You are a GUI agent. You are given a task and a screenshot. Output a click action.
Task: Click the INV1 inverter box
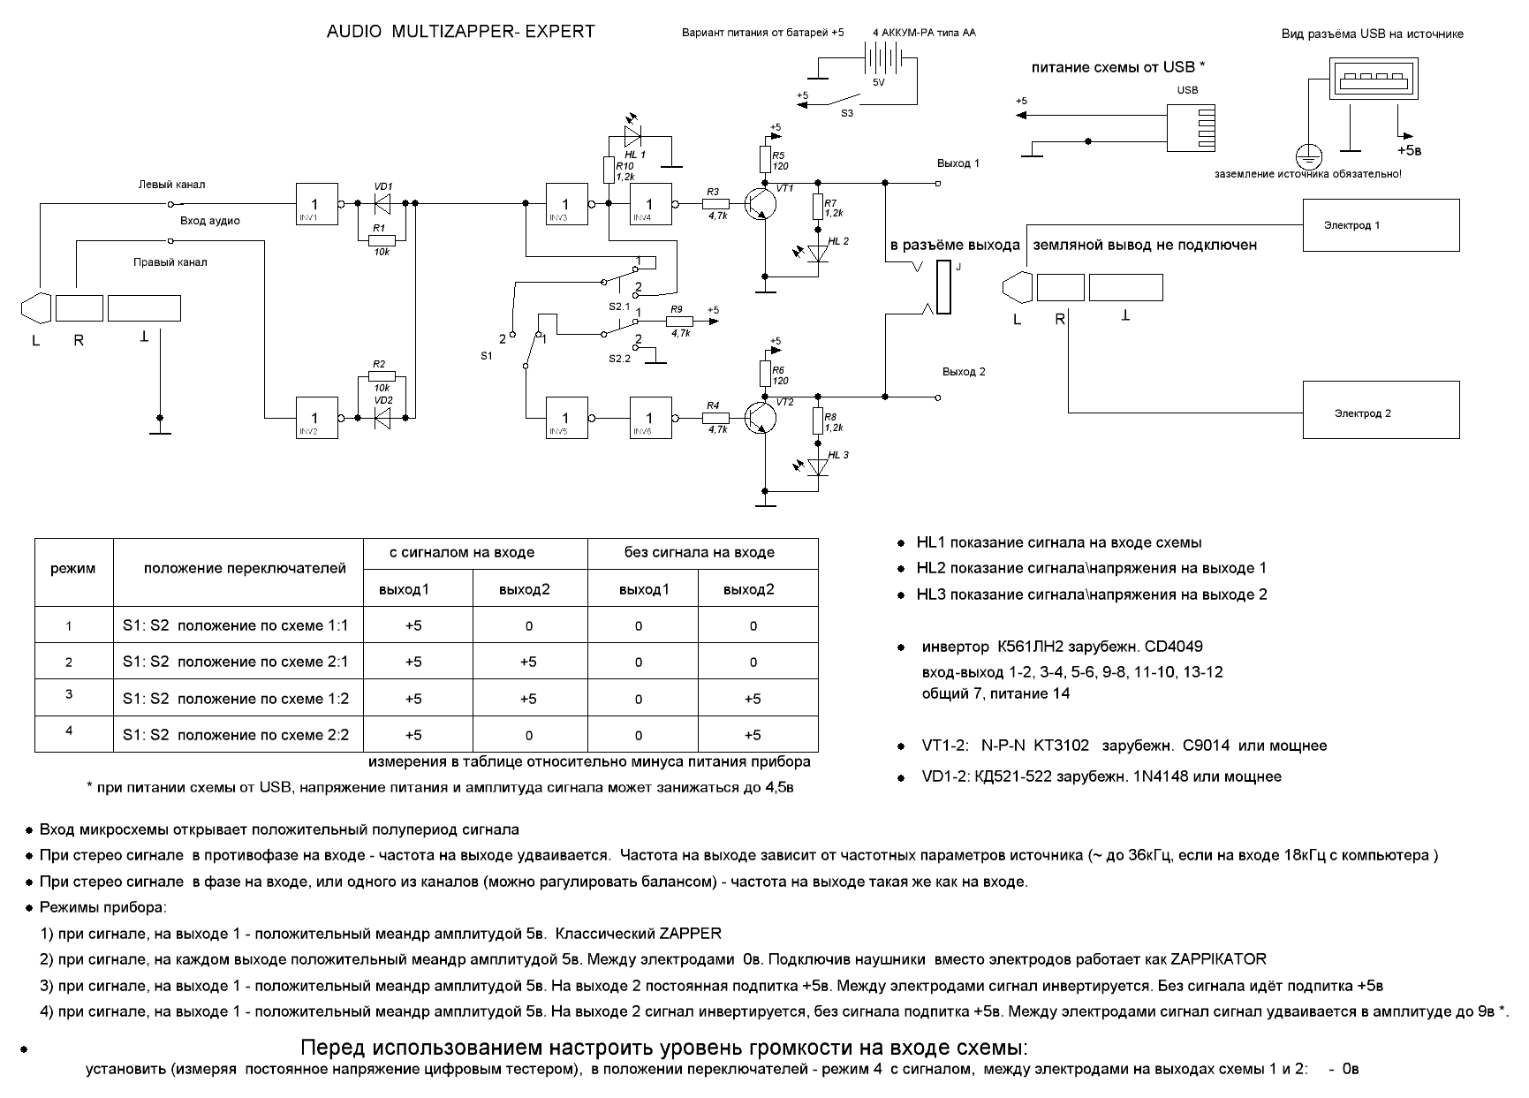[317, 204]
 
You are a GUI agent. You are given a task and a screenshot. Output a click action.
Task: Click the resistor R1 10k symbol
[380, 239]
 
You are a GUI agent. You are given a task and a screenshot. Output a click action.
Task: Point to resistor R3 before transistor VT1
[715, 204]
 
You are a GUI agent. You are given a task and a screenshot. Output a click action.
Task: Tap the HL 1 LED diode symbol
[632, 136]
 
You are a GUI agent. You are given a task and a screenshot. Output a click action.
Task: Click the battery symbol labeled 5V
[877, 58]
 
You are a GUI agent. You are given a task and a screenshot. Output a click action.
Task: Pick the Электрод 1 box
[1381, 225]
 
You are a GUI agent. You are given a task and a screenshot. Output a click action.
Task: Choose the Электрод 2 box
[1381, 410]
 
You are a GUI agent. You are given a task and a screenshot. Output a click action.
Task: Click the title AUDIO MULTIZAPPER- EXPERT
[461, 32]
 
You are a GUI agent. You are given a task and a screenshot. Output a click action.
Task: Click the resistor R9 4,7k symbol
[680, 323]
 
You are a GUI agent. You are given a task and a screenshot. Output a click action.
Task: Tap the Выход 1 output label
[958, 163]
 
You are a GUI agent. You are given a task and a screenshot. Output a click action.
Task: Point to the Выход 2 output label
[964, 372]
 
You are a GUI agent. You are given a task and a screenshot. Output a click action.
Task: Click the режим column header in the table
[73, 569]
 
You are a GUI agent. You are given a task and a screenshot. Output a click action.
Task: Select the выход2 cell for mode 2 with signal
[528, 662]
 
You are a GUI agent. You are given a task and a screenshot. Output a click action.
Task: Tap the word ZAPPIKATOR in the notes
[1218, 959]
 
